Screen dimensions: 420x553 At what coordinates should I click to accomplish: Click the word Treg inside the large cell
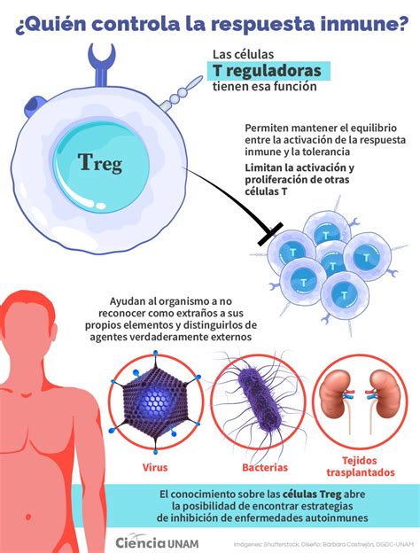[x=100, y=163]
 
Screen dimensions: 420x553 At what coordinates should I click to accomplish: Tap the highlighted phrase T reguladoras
[x=267, y=71]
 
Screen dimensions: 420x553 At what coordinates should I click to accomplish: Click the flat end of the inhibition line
[x=270, y=233]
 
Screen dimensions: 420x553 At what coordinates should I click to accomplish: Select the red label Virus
[x=155, y=467]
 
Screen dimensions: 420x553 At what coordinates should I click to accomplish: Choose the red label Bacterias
[x=265, y=467]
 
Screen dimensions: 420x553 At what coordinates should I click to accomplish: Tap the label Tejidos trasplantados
[x=360, y=466]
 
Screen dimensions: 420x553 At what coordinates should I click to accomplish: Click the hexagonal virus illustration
[x=156, y=402]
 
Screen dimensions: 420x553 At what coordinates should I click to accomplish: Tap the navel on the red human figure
[x=27, y=517]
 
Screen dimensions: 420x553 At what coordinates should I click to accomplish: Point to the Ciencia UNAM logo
[x=157, y=543]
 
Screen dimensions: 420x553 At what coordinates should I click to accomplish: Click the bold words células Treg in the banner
[x=312, y=495]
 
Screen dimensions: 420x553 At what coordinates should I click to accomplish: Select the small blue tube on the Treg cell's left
[x=34, y=105]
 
